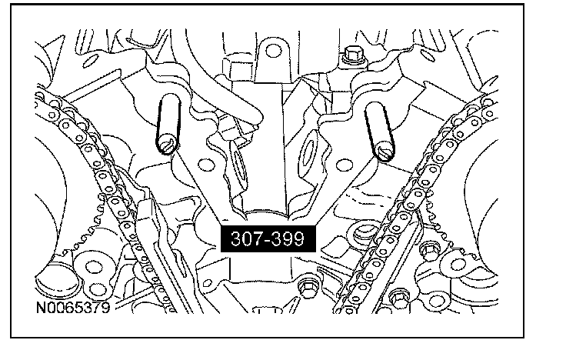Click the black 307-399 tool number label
click(268, 238)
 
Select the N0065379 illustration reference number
click(73, 308)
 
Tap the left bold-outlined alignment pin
click(168, 124)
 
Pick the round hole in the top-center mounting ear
click(273, 51)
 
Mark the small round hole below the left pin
click(206, 165)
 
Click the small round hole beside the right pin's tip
click(345, 165)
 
